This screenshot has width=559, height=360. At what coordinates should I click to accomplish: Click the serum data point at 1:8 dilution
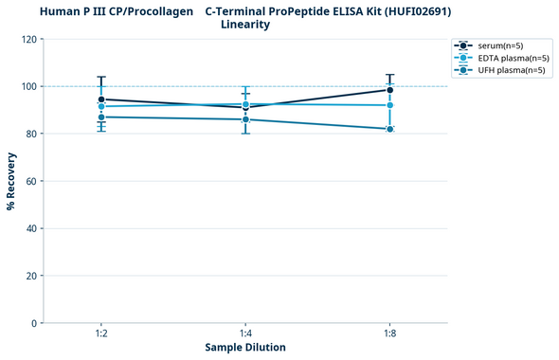point(389,90)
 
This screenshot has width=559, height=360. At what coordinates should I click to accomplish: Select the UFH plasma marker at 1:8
point(389,129)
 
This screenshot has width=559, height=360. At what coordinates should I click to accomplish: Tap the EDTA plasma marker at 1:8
point(389,105)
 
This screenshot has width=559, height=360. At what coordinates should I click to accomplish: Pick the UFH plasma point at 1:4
point(245,119)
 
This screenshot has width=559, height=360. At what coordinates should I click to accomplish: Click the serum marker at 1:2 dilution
point(101,99)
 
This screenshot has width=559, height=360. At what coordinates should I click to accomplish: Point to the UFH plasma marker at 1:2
point(101,117)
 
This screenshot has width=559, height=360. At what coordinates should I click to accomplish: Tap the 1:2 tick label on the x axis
point(101,333)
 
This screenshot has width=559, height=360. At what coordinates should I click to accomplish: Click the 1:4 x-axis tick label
point(245,333)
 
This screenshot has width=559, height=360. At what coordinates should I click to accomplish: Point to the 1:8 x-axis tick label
point(389,333)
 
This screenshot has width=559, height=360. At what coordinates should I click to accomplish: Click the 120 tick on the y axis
point(29,39)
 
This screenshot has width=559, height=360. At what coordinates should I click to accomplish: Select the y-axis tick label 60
point(32,181)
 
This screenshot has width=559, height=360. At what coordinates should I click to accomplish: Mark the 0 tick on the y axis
point(35,323)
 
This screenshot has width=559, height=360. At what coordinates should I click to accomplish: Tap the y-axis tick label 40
point(32,228)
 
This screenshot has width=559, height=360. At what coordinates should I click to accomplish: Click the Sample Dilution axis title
point(245,348)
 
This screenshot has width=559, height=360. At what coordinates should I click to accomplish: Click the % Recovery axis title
point(10,181)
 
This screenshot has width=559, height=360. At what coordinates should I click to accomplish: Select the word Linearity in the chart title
point(245,25)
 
